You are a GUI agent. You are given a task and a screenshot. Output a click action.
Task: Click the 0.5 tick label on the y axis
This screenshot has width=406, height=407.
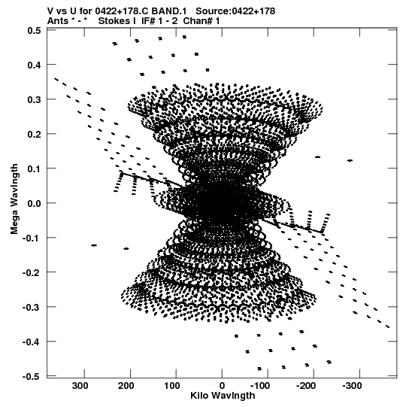pos(34,31)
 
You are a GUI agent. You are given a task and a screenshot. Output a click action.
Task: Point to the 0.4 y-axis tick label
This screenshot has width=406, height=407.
pos(34,65)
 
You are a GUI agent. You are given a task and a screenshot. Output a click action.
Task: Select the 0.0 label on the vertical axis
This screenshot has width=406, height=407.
pos(34,203)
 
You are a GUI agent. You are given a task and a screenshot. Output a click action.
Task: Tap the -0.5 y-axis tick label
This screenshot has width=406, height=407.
pos(32,377)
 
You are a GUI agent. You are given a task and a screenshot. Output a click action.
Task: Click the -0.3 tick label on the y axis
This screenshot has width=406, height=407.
pos(32,308)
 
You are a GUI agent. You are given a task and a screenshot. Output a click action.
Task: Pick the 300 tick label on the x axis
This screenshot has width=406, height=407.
pos(80,386)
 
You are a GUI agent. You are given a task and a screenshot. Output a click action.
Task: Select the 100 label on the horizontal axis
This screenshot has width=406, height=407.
pos(171,386)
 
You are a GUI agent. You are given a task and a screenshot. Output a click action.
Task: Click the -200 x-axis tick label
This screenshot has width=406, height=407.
pos(306,386)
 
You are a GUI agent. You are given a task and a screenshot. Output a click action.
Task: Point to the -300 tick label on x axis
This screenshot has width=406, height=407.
pos(352,386)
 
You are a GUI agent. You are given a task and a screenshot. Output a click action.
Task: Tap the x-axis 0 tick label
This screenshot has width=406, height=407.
pos(222,386)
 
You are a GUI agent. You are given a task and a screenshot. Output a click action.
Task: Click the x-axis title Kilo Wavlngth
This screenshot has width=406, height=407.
pos(223,396)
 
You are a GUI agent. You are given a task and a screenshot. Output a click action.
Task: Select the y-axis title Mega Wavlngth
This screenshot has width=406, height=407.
pos(14,199)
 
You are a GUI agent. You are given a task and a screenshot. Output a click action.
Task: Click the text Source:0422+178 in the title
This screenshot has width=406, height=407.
pos(235,11)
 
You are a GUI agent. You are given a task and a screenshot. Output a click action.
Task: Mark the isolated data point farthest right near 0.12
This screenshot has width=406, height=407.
pos(350,160)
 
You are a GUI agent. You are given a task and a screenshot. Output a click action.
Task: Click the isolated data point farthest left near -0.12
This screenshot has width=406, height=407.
pos(94,245)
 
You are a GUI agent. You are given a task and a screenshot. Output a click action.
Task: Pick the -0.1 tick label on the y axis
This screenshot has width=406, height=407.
pos(32,238)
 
